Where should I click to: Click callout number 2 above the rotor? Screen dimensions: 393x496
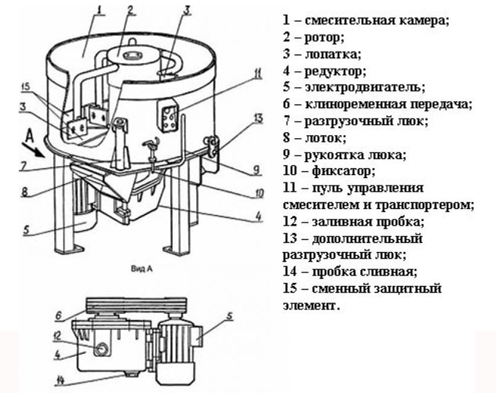[x=131, y=10]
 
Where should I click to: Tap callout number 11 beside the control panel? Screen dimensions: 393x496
[x=257, y=74]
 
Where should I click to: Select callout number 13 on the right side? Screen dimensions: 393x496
[x=258, y=119]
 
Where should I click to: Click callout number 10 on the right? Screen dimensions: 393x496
[x=259, y=192]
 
